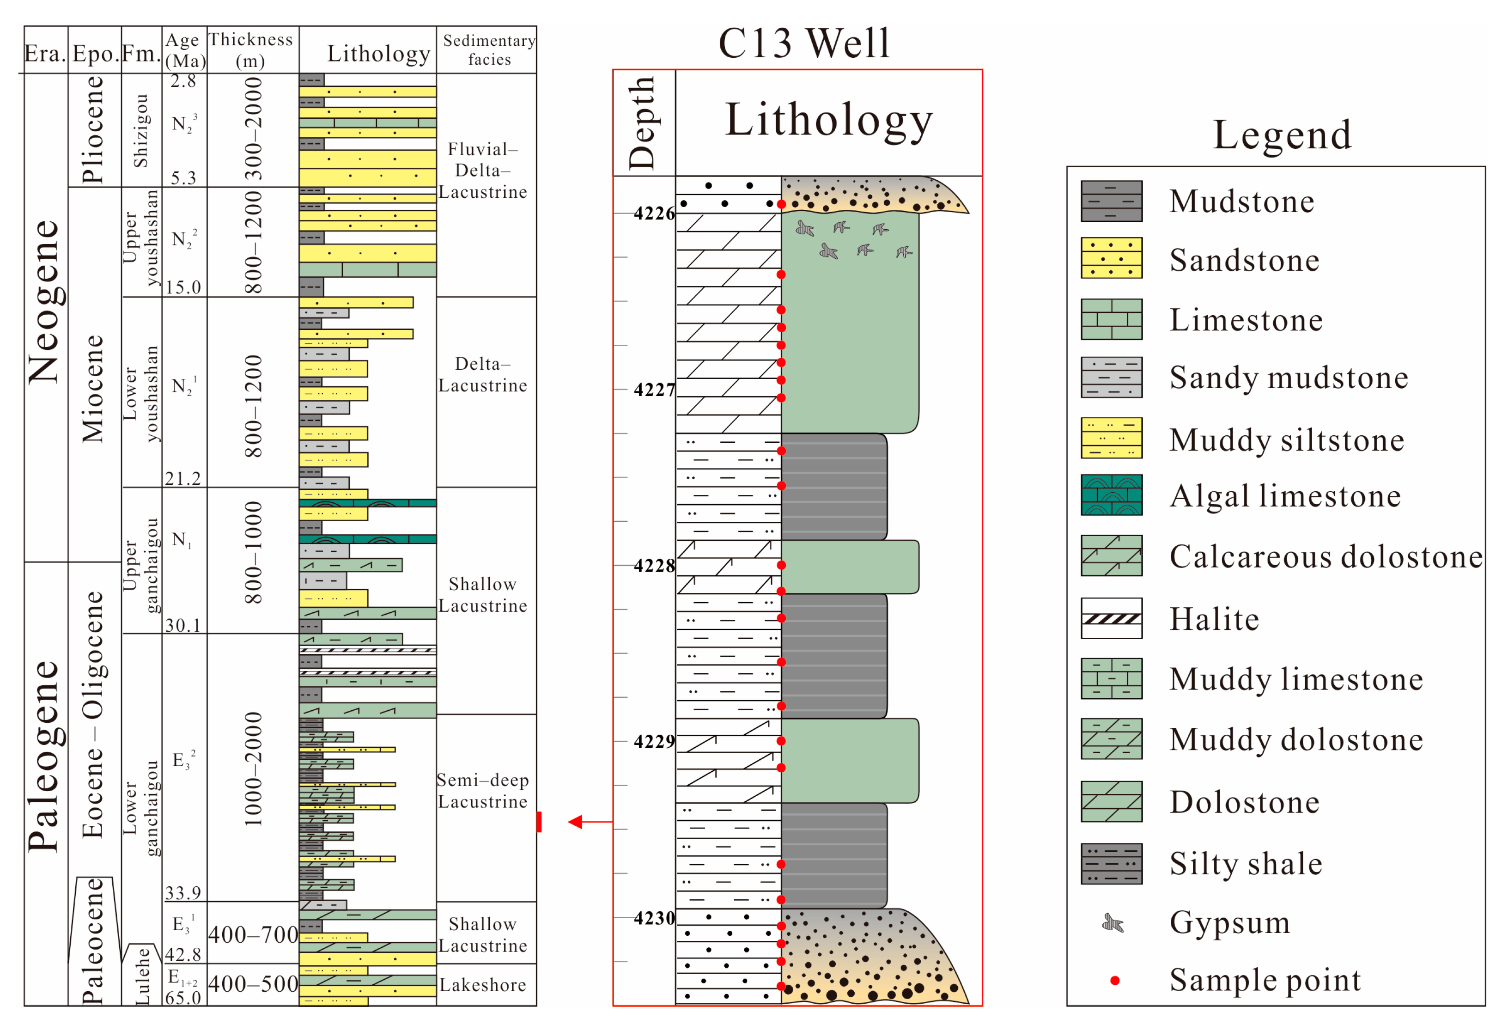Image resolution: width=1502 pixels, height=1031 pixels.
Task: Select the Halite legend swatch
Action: (1111, 619)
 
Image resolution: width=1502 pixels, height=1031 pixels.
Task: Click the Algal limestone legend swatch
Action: (1111, 495)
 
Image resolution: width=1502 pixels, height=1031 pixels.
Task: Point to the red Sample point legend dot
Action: (1114, 981)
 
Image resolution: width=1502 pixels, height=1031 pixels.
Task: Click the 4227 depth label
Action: (653, 390)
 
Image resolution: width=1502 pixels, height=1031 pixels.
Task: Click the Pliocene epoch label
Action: (92, 130)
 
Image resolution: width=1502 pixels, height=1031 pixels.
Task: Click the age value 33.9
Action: (183, 893)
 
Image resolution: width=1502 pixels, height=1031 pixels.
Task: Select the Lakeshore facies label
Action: (483, 985)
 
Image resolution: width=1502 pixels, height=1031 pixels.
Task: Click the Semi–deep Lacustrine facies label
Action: (483, 791)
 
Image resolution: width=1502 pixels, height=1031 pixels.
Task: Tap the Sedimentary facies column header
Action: (489, 50)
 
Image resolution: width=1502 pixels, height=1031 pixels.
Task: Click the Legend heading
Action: (1282, 134)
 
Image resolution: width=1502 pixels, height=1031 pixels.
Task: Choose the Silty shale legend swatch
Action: (1111, 864)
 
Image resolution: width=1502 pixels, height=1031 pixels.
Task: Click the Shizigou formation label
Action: (141, 131)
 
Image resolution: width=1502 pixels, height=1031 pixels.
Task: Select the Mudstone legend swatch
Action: (1111, 201)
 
